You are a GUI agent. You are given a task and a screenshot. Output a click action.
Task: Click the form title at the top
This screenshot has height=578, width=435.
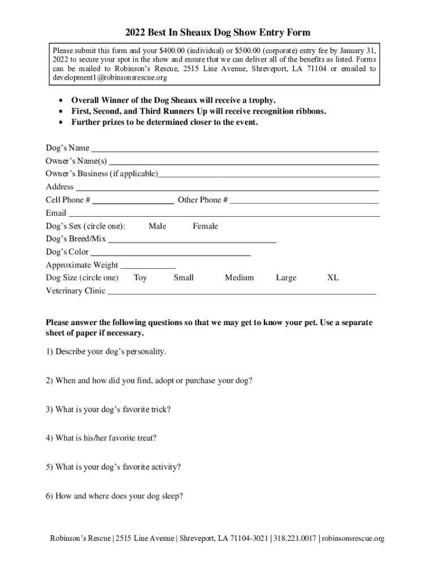click(217, 33)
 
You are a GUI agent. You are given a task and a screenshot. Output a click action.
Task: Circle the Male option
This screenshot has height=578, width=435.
click(158, 226)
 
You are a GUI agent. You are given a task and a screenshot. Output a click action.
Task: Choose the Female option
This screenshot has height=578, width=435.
click(205, 226)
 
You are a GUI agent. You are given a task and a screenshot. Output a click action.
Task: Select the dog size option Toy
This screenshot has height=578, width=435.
click(140, 278)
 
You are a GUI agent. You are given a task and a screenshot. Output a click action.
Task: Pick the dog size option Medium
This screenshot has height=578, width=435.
click(239, 278)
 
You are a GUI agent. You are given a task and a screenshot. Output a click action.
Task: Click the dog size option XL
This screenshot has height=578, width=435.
click(333, 278)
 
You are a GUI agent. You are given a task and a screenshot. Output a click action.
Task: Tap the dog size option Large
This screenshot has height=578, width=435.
click(286, 278)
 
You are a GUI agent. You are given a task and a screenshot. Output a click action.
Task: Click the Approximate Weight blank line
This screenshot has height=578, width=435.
click(148, 266)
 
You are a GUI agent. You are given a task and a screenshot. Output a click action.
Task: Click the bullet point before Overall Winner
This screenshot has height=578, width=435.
click(60, 100)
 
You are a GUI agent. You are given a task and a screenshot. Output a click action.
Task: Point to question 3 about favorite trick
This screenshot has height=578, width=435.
click(108, 409)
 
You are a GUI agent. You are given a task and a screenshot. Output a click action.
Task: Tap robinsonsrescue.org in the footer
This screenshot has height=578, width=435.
click(354, 538)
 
